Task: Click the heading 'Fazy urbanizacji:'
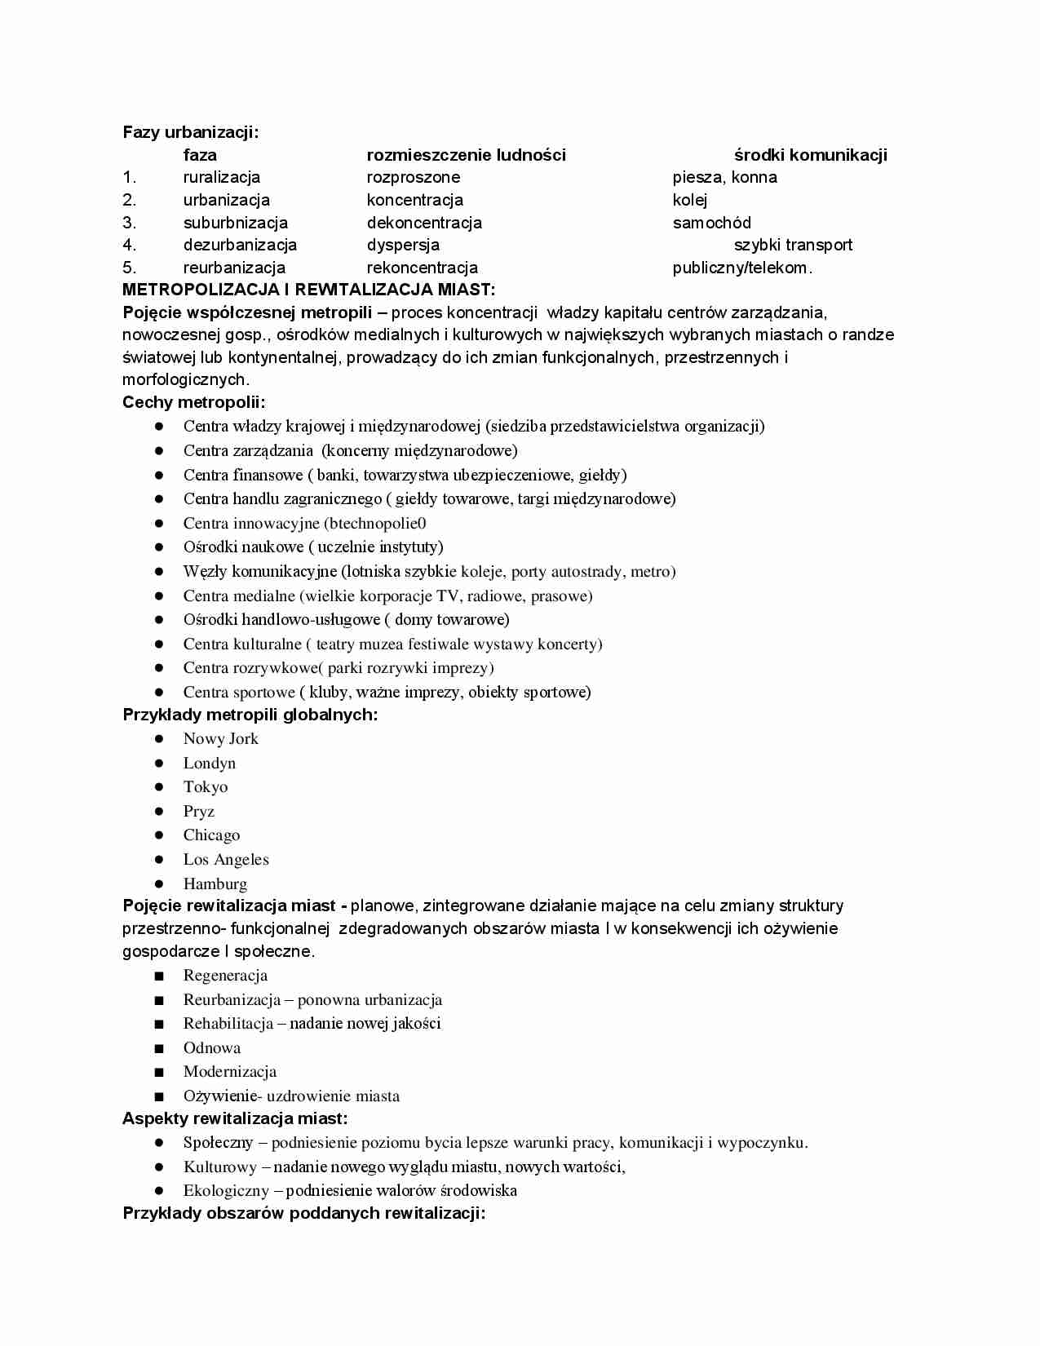190,132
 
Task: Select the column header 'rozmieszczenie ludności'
466,155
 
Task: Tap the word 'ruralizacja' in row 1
222,177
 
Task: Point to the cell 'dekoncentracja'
424,223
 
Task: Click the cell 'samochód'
711,223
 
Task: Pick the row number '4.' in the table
130,245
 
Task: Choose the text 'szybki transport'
793,245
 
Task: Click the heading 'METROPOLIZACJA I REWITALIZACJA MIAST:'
308,290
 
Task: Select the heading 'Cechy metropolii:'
194,402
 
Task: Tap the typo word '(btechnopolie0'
375,523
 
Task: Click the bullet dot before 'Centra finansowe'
160,475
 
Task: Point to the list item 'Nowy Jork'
220,739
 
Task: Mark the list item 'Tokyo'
206,787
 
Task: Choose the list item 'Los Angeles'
226,860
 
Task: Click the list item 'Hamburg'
215,883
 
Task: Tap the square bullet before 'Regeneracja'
159,976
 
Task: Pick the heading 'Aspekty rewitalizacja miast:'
235,1118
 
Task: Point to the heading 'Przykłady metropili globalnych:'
250,715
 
